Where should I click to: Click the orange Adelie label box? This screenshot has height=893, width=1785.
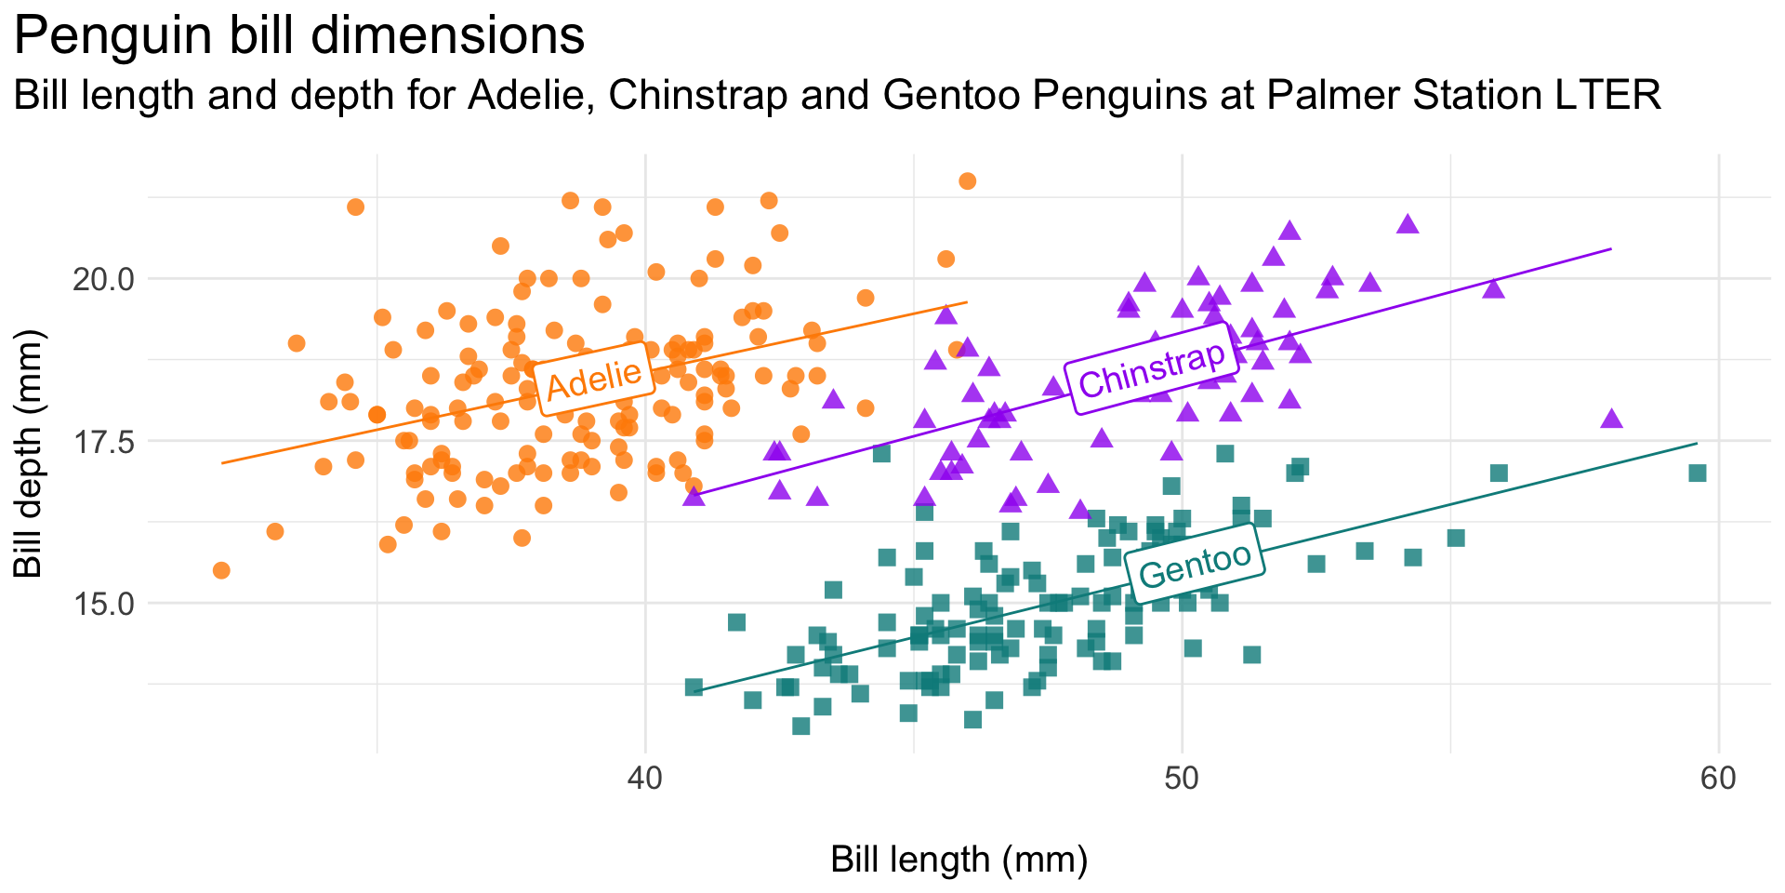(593, 379)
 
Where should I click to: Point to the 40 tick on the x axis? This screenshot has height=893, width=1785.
(645, 779)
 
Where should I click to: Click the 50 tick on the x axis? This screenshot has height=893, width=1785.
(1182, 779)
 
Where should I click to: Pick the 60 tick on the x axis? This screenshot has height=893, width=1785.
(1718, 779)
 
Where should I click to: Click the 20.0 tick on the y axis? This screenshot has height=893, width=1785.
(103, 279)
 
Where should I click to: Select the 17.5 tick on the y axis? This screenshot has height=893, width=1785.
(103, 441)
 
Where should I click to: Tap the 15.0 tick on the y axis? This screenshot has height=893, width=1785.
(103, 604)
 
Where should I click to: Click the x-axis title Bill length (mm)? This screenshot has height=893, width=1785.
(959, 860)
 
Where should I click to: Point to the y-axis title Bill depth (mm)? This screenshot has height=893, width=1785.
(30, 454)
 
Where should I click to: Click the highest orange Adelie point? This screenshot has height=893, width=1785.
(967, 180)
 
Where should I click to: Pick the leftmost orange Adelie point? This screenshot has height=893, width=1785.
(221, 570)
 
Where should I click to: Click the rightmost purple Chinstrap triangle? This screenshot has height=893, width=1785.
(1611, 420)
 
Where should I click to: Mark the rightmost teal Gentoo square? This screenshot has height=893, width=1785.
(1698, 473)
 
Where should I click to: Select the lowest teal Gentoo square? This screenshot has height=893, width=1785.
(800, 726)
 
